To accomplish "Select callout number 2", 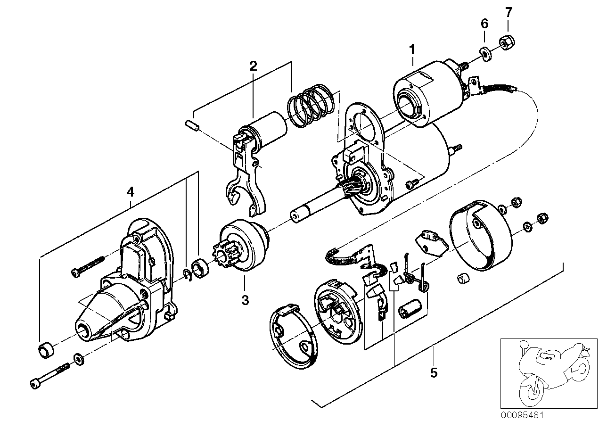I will (x=253, y=66).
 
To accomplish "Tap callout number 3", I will (x=245, y=300).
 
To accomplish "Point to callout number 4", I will (x=130, y=192).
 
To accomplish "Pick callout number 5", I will (x=434, y=372).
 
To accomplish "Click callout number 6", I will (x=484, y=24).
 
